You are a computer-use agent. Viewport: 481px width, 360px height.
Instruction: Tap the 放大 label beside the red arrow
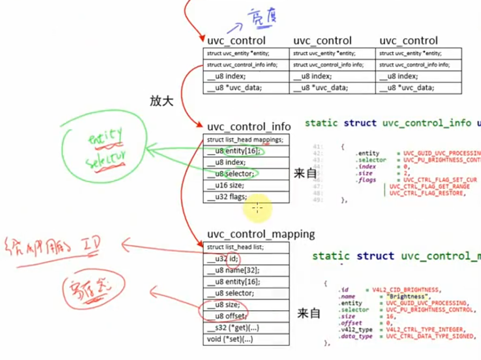coord(162,101)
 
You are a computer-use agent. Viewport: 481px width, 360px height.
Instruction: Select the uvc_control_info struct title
coord(249,127)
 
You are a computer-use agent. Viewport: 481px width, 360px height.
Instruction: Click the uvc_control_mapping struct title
coord(261,234)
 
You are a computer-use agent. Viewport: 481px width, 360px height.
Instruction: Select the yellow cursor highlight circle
coord(258,207)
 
